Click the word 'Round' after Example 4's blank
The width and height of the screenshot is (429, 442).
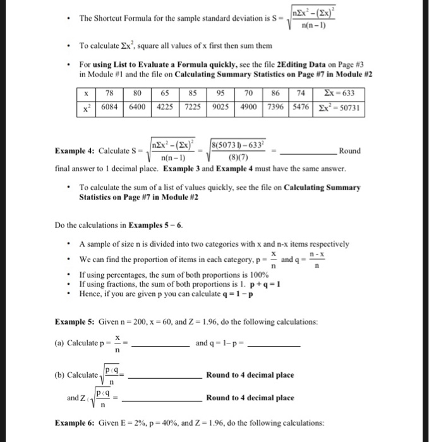(x=349, y=150)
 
